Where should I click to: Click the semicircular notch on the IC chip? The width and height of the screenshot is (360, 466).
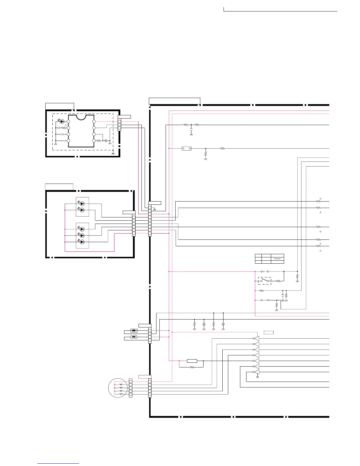(81, 117)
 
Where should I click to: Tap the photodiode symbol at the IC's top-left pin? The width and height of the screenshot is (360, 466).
(62, 121)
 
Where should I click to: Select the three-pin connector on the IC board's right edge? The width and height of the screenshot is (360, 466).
(119, 125)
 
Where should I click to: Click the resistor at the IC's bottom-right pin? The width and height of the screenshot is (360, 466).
(99, 141)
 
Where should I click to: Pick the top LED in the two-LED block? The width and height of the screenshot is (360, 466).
(82, 203)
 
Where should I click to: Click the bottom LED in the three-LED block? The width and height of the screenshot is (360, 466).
(82, 242)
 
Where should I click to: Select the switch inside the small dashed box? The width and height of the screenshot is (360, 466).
(264, 281)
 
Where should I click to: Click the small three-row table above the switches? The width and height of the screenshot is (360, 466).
(269, 258)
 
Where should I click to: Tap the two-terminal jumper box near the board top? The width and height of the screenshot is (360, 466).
(186, 149)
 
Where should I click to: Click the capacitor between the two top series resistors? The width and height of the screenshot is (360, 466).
(191, 129)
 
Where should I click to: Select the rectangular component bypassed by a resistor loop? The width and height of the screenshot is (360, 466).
(192, 361)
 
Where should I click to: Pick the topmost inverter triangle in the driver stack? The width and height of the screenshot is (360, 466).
(256, 338)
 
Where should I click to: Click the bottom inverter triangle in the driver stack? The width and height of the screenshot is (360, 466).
(256, 372)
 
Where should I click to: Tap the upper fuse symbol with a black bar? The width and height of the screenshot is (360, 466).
(134, 331)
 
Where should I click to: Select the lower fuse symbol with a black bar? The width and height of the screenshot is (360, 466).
(134, 337)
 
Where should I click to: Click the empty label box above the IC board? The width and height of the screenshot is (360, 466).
(59, 106)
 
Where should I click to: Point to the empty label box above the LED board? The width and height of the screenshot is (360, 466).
(59, 187)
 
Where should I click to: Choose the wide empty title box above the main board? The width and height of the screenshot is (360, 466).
(174, 101)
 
